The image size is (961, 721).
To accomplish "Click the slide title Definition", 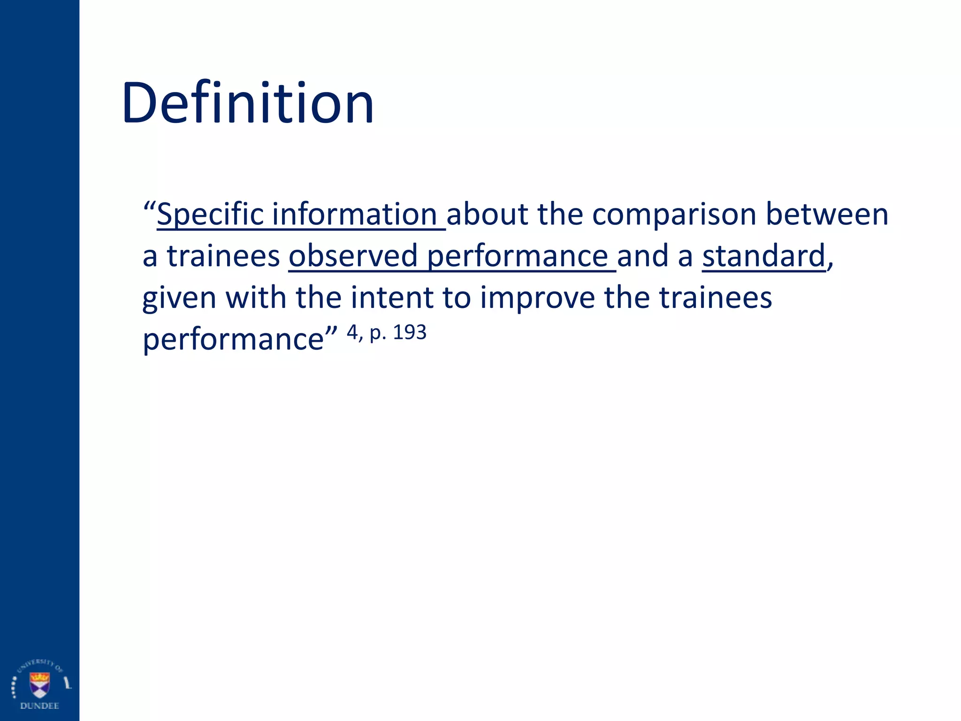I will point(248,103).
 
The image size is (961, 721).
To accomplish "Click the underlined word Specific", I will point(210,215).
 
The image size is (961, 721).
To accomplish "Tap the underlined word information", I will point(355,215).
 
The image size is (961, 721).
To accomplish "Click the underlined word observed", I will point(353,256).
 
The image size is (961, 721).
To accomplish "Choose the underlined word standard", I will point(763,256).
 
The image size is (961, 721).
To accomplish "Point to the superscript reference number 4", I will point(352,332).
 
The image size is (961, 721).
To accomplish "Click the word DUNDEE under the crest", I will point(39,706).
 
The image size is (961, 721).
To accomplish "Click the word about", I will point(487,215).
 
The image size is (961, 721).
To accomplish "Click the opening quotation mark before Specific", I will point(150,207).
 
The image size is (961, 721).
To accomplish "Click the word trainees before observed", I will point(223,257).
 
